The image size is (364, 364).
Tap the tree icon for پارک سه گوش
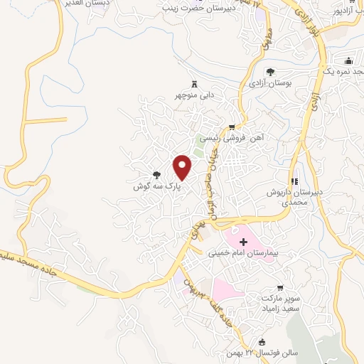[x=156, y=174]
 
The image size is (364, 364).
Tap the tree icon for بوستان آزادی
[x=270, y=71]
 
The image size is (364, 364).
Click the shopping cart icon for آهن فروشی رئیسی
[x=231, y=127]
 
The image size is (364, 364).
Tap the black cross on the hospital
[x=244, y=242]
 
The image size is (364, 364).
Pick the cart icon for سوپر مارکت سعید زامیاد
[x=280, y=288]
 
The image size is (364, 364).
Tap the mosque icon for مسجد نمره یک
[x=348, y=61]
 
